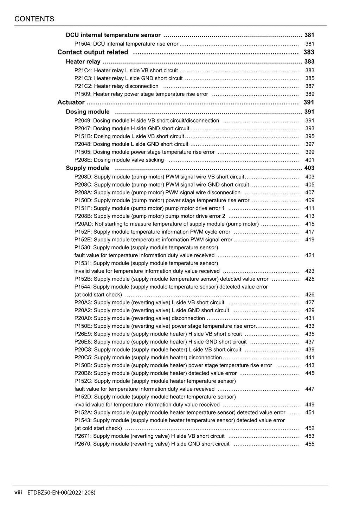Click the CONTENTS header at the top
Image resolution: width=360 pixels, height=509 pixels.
[34, 19]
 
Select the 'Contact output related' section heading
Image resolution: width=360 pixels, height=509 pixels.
[93, 52]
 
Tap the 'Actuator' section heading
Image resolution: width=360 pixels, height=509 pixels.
[71, 103]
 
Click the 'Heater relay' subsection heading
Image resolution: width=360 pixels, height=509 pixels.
[83, 62]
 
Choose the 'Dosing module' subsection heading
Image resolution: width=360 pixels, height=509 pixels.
[88, 112]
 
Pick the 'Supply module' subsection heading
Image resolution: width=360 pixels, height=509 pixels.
[88, 168]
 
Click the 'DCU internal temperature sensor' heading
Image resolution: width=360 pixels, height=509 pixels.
[113, 35]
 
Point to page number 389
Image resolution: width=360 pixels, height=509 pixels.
[310, 94]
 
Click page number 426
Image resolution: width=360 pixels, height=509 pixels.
[310, 295]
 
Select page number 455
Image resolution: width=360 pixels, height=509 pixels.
[310, 444]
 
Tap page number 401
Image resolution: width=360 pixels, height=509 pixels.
[310, 160]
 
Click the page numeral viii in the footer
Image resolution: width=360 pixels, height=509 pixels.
[18, 492]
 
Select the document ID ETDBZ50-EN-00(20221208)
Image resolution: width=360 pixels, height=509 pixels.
[61, 492]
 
